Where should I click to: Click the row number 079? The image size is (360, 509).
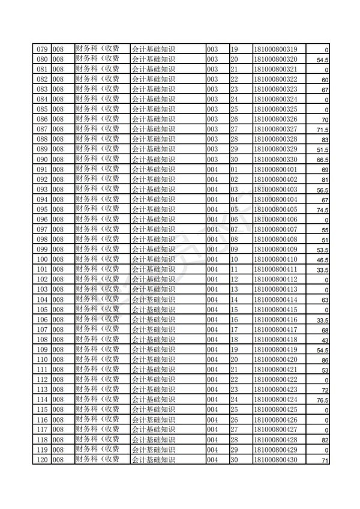coord(41,49)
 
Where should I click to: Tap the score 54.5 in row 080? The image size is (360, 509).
coord(322,61)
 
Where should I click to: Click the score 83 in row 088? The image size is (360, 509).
coord(325,140)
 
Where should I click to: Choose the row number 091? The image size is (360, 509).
coord(41,169)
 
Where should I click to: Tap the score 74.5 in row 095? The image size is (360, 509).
coord(322,210)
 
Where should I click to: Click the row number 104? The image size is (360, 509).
coord(41,299)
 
